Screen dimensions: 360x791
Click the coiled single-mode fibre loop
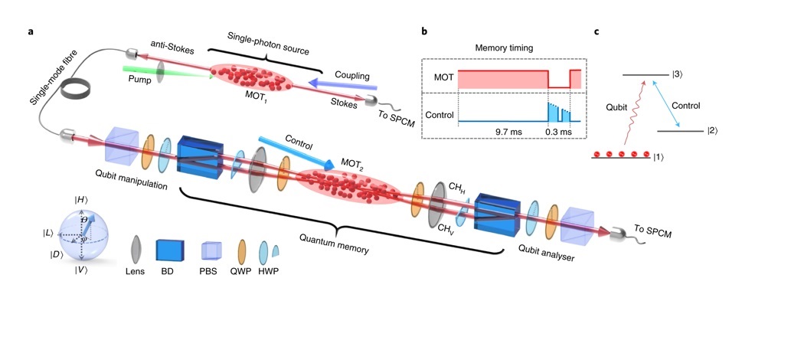tap(79, 90)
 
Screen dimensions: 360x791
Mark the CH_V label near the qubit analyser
tap(444, 226)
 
